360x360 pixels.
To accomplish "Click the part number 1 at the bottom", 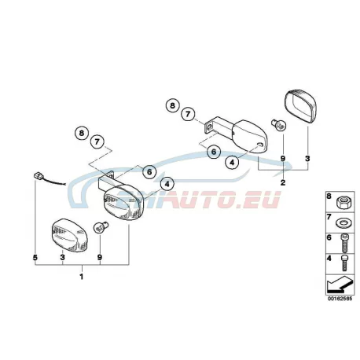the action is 82,277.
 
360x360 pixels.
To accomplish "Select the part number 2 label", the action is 283,182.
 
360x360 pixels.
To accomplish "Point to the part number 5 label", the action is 35,258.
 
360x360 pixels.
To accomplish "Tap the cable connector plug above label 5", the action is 38,174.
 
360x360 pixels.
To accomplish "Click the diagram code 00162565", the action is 340,299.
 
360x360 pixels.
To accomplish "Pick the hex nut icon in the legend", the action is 343,202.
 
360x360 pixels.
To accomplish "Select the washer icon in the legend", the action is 343,223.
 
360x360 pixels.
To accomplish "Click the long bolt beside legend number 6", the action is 343,242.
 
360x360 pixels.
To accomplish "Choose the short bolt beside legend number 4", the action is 344,263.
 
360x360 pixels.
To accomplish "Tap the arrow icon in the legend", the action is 340,285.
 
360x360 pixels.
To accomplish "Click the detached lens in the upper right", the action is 300,106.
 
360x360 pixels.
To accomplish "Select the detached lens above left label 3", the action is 69,235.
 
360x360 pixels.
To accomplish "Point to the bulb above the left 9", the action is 101,227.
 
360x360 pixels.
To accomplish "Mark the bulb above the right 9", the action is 278,125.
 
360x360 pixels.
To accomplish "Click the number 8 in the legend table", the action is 329,197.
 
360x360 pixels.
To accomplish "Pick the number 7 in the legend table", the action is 329,217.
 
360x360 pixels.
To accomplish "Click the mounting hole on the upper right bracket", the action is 210,127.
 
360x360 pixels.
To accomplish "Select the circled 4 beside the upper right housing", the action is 232,163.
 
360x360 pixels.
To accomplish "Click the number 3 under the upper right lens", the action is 307,159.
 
